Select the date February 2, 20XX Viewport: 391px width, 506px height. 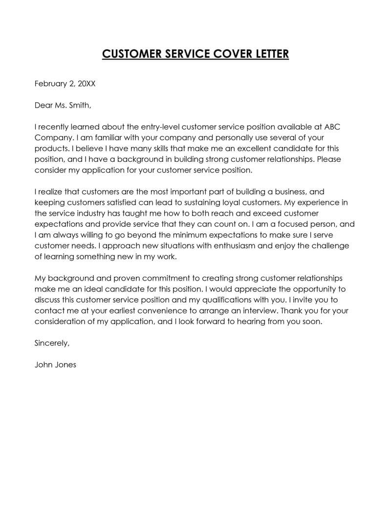pyautogui.click(x=65, y=84)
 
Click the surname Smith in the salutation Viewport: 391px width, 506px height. pyautogui.click(x=80, y=105)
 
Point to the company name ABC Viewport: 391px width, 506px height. pyautogui.click(x=331, y=127)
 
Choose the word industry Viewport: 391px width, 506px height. pyautogui.click(x=94, y=213)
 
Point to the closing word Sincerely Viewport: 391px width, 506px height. pyautogui.click(x=52, y=343)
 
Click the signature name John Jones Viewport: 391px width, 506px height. pyautogui.click(x=55, y=365)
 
